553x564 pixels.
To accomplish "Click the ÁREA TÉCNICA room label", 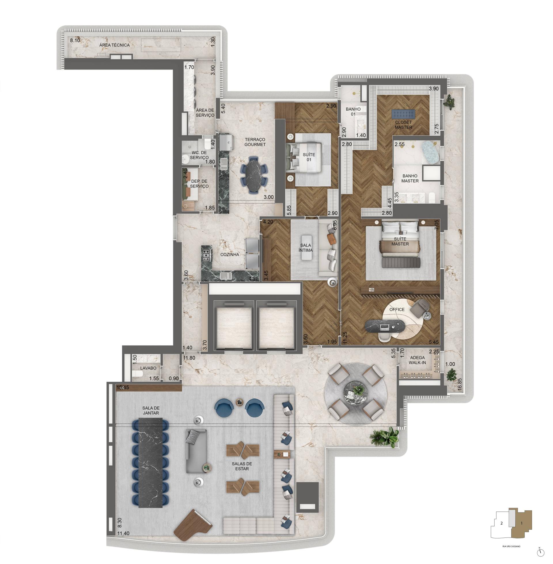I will [114, 45].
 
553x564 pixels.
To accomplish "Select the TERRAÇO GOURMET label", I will [255, 142].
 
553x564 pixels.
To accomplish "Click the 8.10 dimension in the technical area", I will [75, 40].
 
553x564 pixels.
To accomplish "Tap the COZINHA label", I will [230, 255].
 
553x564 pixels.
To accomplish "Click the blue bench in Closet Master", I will [403, 114].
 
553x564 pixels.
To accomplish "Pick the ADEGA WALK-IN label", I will [417, 360].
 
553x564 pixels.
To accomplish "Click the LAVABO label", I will [148, 368].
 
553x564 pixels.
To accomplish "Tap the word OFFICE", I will [397, 309].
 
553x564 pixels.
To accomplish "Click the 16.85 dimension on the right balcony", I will [459, 385].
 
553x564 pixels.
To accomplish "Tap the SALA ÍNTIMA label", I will [305, 248].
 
